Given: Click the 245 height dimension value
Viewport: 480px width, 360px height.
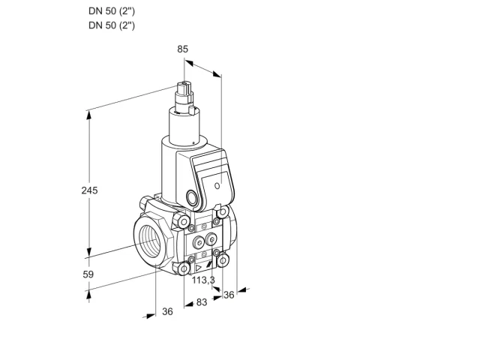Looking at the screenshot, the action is point(89,190).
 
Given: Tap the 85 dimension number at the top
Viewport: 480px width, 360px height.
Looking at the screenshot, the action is point(182,49).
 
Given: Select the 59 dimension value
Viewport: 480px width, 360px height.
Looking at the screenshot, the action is point(88,274).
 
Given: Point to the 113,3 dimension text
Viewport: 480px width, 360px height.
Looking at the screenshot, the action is point(203,280).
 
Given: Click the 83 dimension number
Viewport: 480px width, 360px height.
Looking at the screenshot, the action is point(202,302).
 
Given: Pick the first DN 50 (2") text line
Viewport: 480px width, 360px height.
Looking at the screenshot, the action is point(112,11).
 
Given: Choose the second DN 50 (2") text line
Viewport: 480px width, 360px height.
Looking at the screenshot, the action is point(112,25).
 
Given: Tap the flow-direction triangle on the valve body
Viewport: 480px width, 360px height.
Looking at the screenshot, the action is point(198,268).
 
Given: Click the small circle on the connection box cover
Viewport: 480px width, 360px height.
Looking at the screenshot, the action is point(217,185).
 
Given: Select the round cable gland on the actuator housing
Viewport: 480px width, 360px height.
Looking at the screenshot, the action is point(192,198).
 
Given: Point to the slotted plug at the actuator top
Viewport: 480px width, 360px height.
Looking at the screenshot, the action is point(184,88).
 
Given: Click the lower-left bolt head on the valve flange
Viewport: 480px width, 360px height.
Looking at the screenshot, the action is point(184,269).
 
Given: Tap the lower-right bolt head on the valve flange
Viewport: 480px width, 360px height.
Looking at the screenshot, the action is point(223,260).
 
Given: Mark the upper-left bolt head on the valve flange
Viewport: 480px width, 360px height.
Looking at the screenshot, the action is point(184,222).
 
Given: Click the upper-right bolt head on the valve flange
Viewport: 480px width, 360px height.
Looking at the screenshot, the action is point(223,211).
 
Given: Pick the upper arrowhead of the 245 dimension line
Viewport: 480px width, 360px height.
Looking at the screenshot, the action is point(88,115).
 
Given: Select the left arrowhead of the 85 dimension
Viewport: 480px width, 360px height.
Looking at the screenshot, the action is point(189,63).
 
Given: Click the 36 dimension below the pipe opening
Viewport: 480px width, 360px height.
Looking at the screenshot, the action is point(167,312).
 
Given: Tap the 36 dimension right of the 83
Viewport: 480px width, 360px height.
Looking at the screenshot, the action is point(229,295).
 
